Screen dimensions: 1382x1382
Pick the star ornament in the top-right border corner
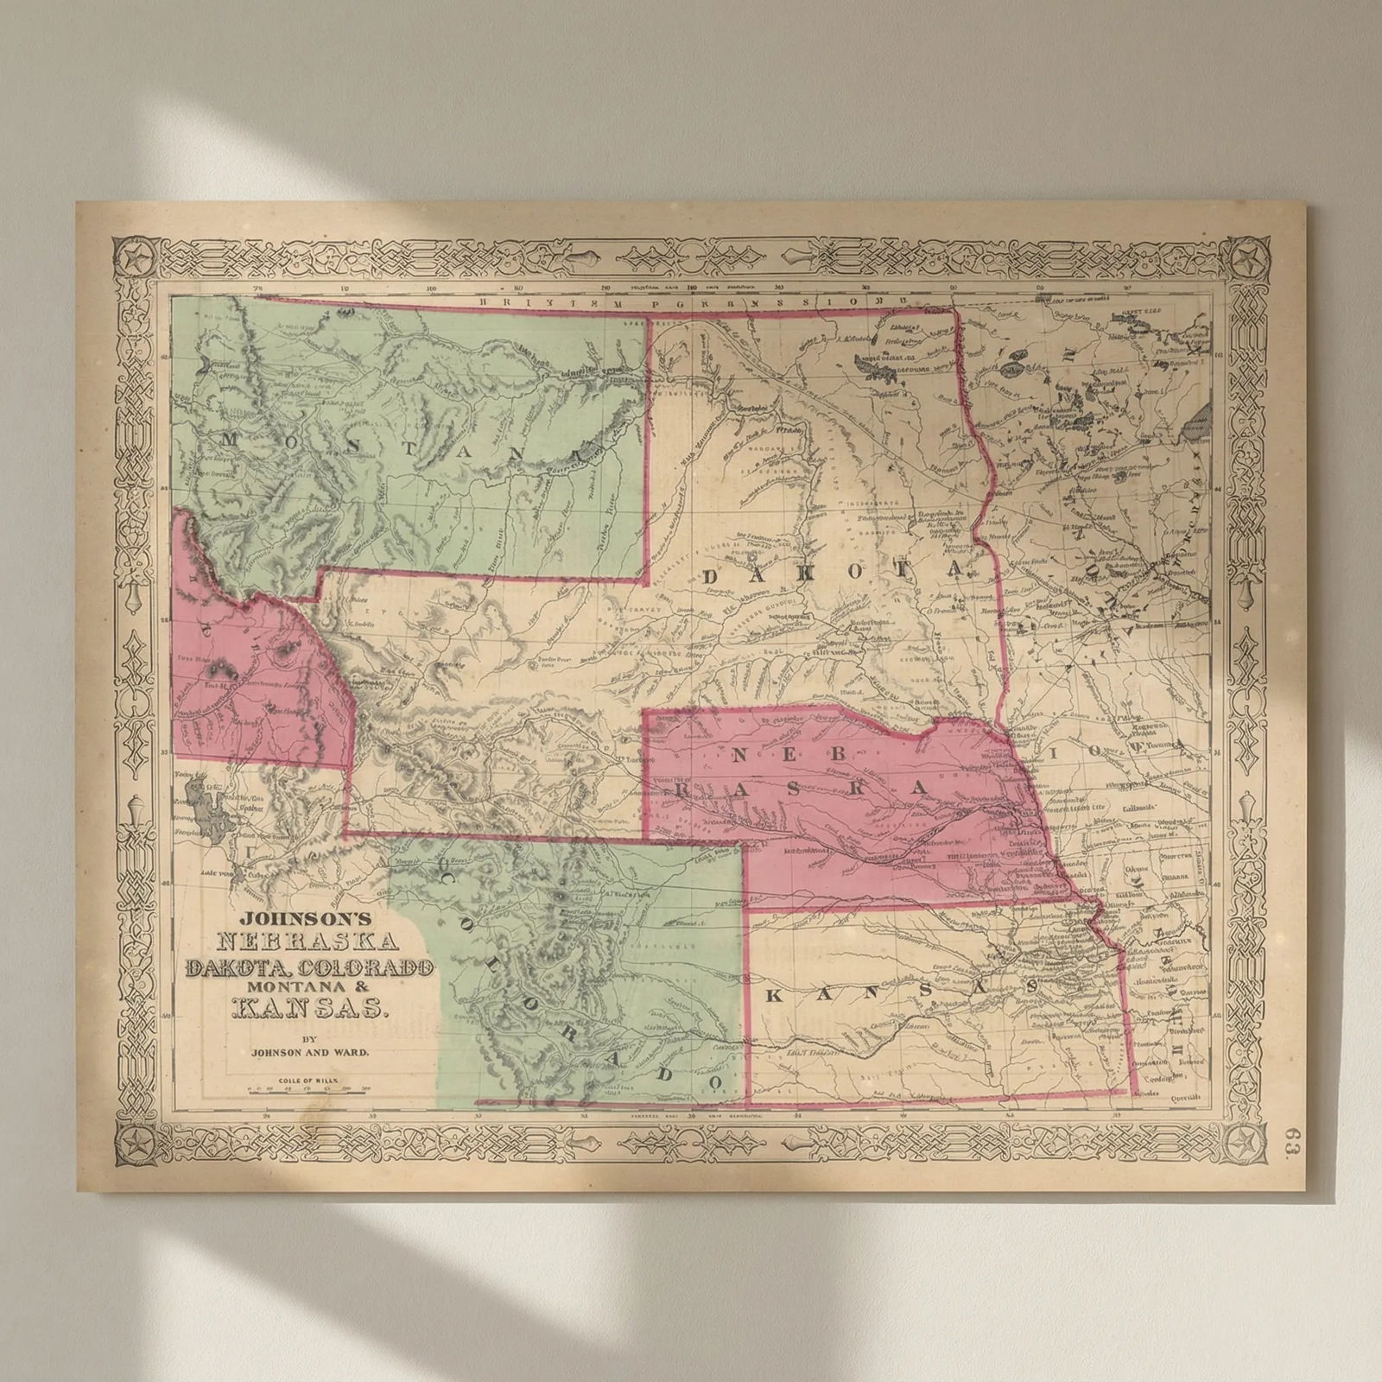click(x=1247, y=257)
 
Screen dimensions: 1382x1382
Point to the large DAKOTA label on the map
click(x=832, y=573)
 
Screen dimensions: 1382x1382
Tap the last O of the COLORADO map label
click(x=713, y=1081)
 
